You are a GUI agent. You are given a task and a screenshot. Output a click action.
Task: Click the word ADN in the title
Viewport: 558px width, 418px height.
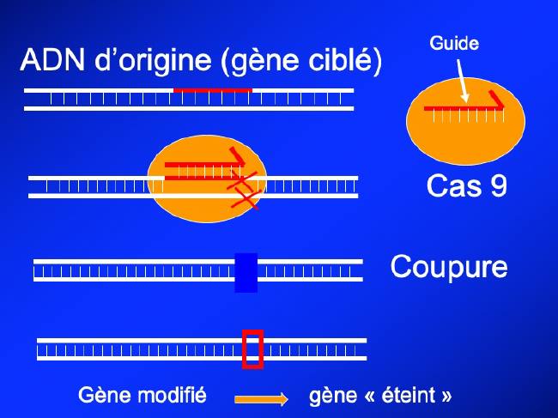coord(52,59)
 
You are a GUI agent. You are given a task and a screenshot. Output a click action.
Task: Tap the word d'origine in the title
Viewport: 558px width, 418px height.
coord(154,60)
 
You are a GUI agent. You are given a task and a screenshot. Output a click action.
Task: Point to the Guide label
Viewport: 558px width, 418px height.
coord(454,43)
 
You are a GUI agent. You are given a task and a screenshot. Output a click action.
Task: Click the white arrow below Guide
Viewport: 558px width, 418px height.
coord(463,81)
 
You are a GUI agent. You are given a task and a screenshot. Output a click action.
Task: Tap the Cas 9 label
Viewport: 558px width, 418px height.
coord(466,185)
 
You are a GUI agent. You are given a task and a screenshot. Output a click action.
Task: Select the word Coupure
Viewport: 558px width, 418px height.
coord(449,267)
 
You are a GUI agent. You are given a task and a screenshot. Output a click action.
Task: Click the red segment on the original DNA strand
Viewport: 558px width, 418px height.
coord(213,90)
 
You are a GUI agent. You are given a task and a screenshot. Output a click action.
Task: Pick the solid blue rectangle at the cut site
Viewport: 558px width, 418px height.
coord(246,272)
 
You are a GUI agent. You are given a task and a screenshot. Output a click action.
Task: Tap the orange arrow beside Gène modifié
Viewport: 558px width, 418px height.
coord(261,399)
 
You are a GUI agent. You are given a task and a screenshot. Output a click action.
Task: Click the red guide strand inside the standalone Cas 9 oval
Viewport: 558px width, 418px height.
coord(464,107)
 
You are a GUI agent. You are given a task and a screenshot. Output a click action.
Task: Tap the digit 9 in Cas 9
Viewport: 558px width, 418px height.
coord(499,185)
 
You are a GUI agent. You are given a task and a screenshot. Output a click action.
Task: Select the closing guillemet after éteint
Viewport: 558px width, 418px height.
coord(446,396)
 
